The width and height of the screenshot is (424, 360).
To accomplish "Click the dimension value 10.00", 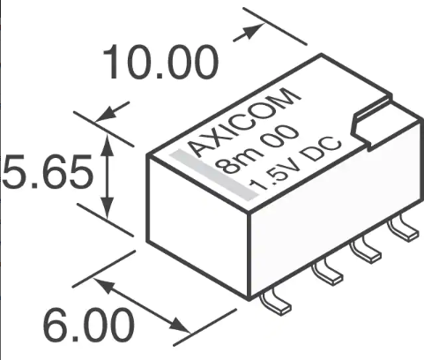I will [160, 64].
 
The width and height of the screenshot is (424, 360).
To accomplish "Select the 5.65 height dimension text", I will [46, 174].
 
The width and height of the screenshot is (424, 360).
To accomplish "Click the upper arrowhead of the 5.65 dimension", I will [108, 141].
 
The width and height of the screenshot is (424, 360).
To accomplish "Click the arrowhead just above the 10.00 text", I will [253, 28].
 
